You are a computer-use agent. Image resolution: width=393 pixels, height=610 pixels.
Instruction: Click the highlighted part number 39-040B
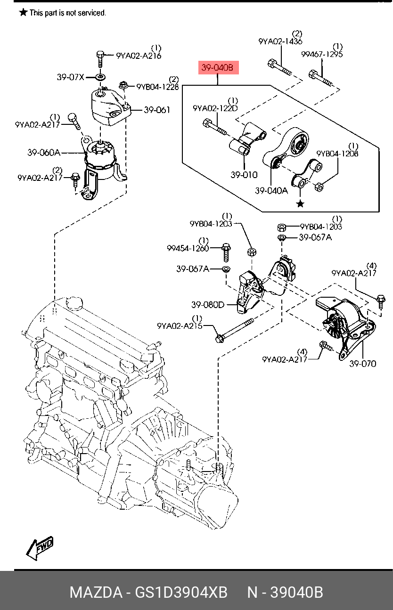pyautogui.click(x=217, y=68)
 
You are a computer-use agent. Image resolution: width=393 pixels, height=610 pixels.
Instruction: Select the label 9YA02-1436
pyautogui.click(x=280, y=41)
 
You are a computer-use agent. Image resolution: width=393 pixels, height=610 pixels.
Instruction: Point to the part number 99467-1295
pyautogui.click(x=322, y=54)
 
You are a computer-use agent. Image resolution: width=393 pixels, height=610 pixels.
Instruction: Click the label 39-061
pyautogui.click(x=157, y=110)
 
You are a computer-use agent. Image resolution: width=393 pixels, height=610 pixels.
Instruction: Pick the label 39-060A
pyautogui.click(x=43, y=153)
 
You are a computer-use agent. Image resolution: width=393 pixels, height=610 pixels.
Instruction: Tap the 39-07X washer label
pyautogui.click(x=70, y=77)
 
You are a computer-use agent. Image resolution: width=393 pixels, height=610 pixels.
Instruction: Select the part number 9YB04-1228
pyautogui.click(x=158, y=87)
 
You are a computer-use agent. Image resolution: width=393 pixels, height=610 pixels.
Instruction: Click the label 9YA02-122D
pyautogui.click(x=215, y=108)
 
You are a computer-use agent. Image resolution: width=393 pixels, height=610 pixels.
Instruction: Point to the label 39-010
pyautogui.click(x=244, y=175)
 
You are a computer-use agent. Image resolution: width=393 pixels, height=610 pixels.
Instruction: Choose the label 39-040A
pyautogui.click(x=271, y=191)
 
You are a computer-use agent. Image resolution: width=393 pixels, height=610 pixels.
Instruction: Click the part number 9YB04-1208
pyautogui.click(x=337, y=154)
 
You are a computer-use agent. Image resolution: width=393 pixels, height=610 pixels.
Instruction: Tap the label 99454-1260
pyautogui.click(x=188, y=248)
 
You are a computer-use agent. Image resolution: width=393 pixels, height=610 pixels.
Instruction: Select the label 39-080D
pyautogui.click(x=207, y=305)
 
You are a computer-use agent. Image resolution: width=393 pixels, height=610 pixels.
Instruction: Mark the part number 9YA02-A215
pyautogui.click(x=180, y=325)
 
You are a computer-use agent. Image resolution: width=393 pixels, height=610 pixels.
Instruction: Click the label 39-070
pyautogui.click(x=362, y=363)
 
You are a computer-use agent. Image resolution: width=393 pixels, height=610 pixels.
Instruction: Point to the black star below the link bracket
pyautogui.click(x=300, y=203)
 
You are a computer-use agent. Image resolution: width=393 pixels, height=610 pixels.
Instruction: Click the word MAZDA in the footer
pyautogui.click(x=96, y=592)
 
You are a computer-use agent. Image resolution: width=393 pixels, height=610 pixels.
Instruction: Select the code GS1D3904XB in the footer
pyautogui.click(x=181, y=592)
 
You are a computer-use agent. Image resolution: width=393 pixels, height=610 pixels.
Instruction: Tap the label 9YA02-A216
pyautogui.click(x=139, y=56)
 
